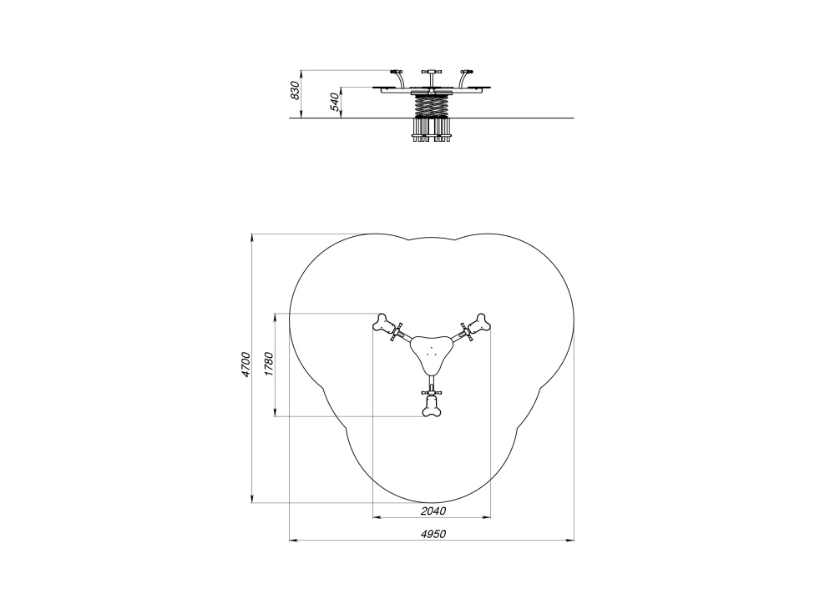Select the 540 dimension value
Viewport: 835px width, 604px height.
(x=335, y=102)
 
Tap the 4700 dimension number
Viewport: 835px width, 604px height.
(x=245, y=365)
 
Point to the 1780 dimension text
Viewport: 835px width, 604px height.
(x=268, y=365)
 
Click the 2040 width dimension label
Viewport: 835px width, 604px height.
(x=433, y=511)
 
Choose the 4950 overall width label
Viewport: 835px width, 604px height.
(x=433, y=534)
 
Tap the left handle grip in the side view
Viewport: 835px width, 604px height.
(x=396, y=72)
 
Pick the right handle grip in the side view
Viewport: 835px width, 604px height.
(x=467, y=72)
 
